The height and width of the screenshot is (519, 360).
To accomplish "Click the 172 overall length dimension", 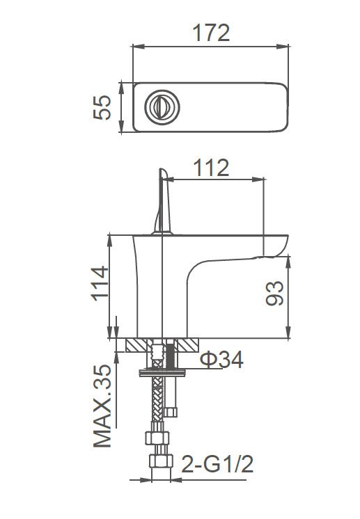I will point(210,32).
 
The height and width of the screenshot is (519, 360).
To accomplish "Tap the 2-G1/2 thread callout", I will point(217,463).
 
